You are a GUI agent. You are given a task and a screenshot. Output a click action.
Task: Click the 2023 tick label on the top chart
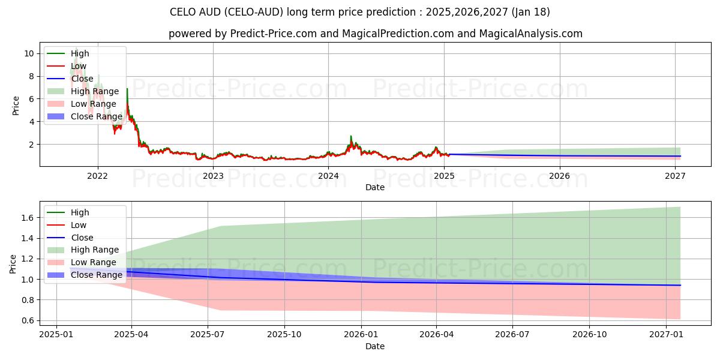click(x=213, y=176)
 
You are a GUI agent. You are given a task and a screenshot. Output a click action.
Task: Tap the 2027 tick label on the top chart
click(x=676, y=176)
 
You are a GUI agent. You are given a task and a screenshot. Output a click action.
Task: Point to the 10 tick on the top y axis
click(x=29, y=53)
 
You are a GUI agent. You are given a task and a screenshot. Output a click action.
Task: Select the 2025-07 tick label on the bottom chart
click(x=207, y=334)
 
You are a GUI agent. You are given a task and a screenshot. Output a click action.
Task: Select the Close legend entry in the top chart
click(x=82, y=79)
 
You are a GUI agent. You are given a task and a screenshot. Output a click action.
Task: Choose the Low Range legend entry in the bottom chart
click(x=93, y=262)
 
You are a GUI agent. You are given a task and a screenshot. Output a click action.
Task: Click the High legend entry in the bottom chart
click(x=80, y=212)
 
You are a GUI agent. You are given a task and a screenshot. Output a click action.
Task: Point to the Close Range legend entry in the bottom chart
click(x=96, y=275)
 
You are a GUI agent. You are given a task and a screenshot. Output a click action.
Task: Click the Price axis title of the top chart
click(x=16, y=105)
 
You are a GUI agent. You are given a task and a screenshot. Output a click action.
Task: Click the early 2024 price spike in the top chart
click(x=351, y=137)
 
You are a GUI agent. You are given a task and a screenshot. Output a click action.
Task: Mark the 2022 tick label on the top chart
click(x=97, y=176)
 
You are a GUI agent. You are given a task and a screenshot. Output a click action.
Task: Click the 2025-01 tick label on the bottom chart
click(x=56, y=334)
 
